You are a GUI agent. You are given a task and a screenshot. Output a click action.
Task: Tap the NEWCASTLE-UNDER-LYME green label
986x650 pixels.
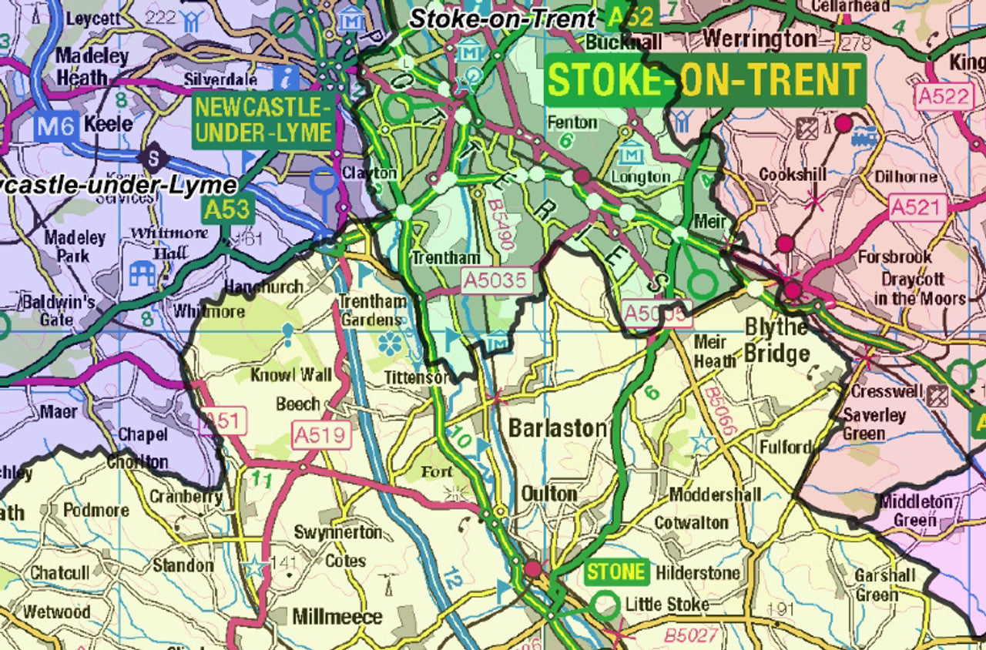click(x=264, y=119)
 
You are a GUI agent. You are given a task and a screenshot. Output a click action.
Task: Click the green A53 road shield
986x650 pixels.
click(x=227, y=209)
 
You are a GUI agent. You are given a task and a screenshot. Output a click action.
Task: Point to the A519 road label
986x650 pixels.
click(x=320, y=435)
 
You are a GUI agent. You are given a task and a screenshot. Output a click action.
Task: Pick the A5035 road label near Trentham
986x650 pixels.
click(x=497, y=280)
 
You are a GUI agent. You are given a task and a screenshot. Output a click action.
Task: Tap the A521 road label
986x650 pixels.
click(x=916, y=207)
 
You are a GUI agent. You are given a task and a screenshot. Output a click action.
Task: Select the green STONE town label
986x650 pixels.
click(x=615, y=572)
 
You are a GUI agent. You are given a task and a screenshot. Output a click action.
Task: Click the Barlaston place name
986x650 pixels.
click(x=557, y=429)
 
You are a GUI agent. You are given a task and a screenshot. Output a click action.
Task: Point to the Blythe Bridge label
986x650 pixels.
click(x=776, y=340)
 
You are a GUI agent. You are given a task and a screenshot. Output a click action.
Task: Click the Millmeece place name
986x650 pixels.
click(x=337, y=617)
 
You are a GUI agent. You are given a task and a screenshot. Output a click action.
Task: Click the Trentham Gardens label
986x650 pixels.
click(x=373, y=310)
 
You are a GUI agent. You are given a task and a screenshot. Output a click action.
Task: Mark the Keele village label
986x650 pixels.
click(x=108, y=124)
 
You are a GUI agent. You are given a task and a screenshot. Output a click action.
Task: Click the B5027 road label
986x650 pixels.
click(x=691, y=635)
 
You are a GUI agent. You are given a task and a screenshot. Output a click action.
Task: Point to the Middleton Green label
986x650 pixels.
click(x=915, y=511)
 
